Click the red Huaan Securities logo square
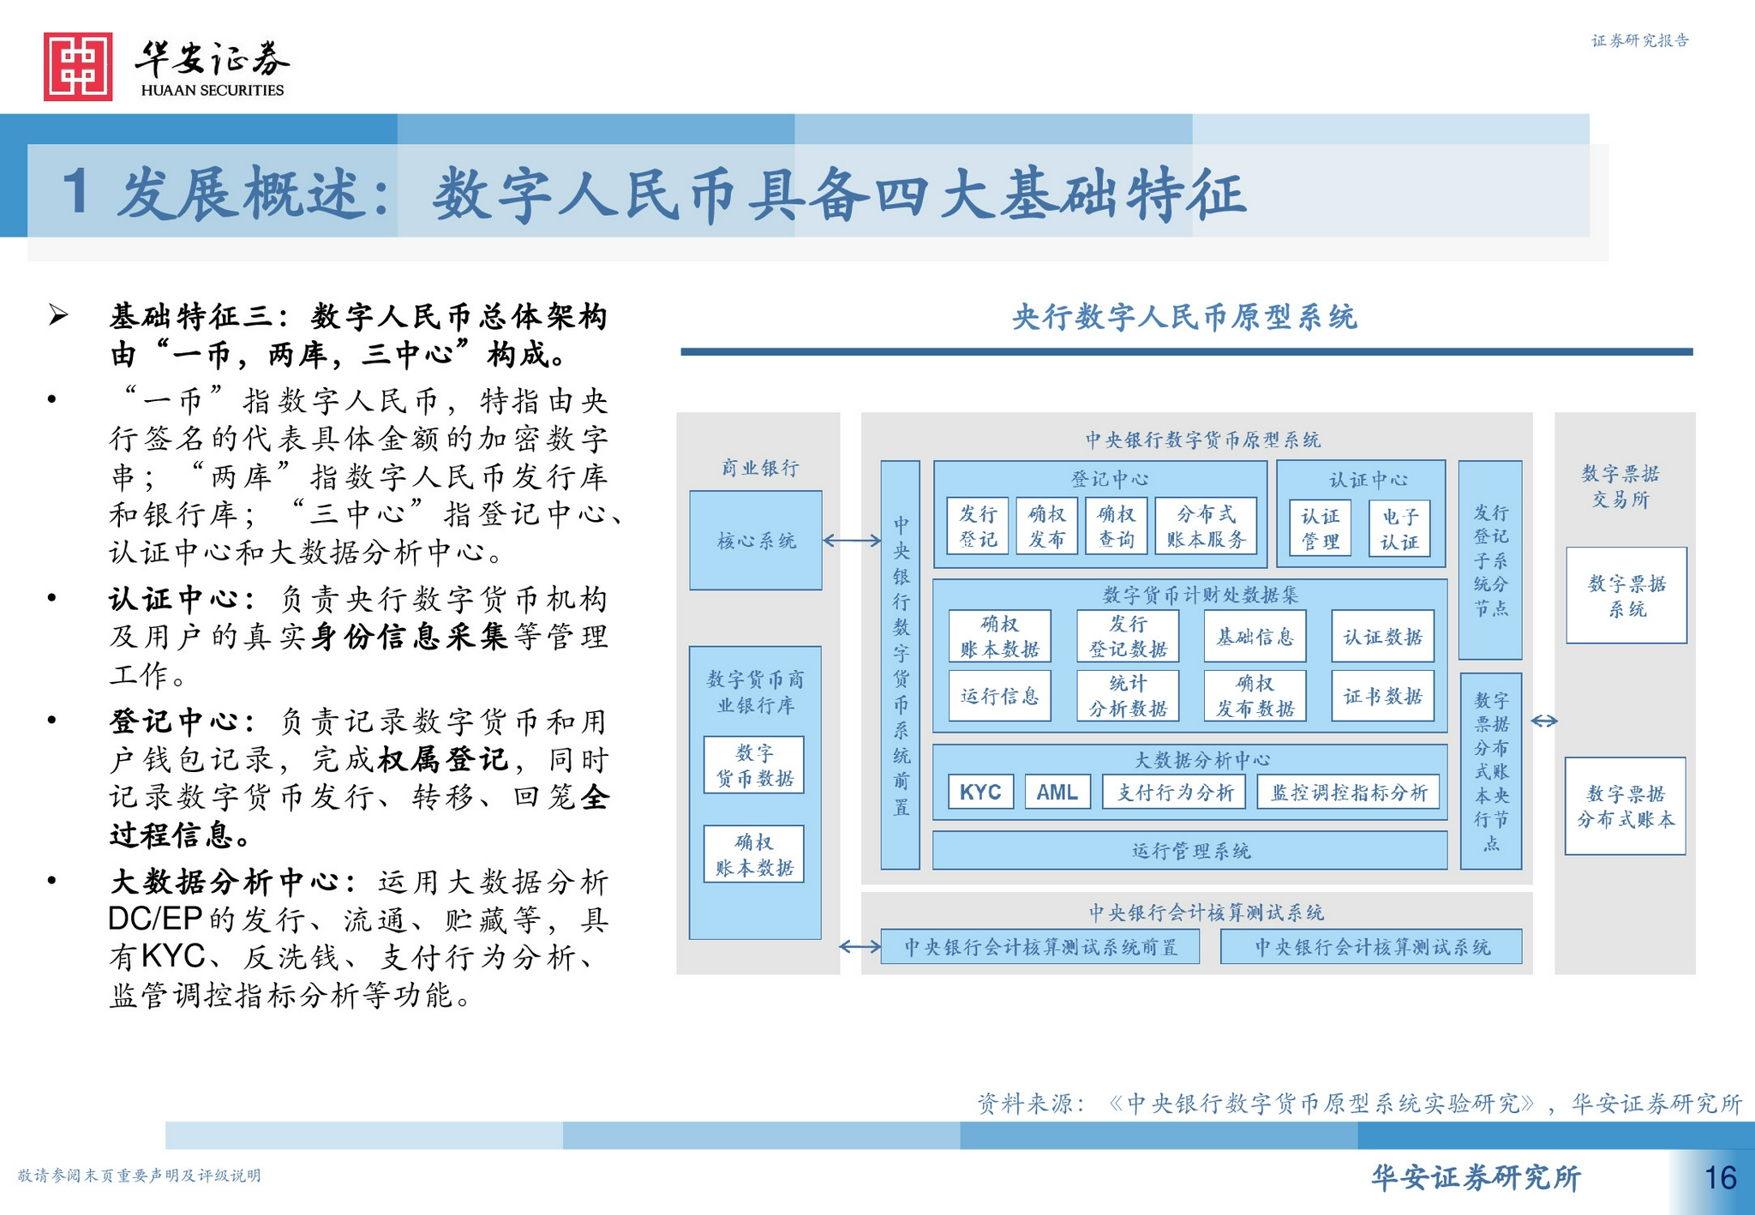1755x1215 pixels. tap(78, 67)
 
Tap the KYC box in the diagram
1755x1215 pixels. tap(980, 792)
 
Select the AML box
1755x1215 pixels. tap(1057, 792)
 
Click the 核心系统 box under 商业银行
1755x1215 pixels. tap(756, 541)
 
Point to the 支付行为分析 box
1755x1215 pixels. tap(1174, 792)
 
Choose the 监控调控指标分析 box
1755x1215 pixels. tap(1348, 792)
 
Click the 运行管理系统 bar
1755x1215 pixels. tap(1189, 851)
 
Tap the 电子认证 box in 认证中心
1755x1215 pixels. tap(1399, 529)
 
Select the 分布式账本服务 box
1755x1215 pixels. tap(1205, 526)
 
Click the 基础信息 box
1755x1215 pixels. tap(1255, 637)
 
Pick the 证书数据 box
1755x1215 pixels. tap(1382, 696)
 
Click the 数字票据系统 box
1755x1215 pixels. tap(1626, 596)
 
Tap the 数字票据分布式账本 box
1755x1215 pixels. tap(1625, 805)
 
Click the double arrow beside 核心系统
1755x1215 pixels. tap(851, 541)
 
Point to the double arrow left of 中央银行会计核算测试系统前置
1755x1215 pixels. tap(859, 946)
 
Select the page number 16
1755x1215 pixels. tap(1720, 1178)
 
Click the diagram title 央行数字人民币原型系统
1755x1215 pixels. tap(1184, 318)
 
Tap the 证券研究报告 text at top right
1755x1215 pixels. tap(1639, 40)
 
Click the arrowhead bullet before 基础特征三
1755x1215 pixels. tap(58, 315)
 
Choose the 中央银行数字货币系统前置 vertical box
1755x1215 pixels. tap(901, 665)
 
